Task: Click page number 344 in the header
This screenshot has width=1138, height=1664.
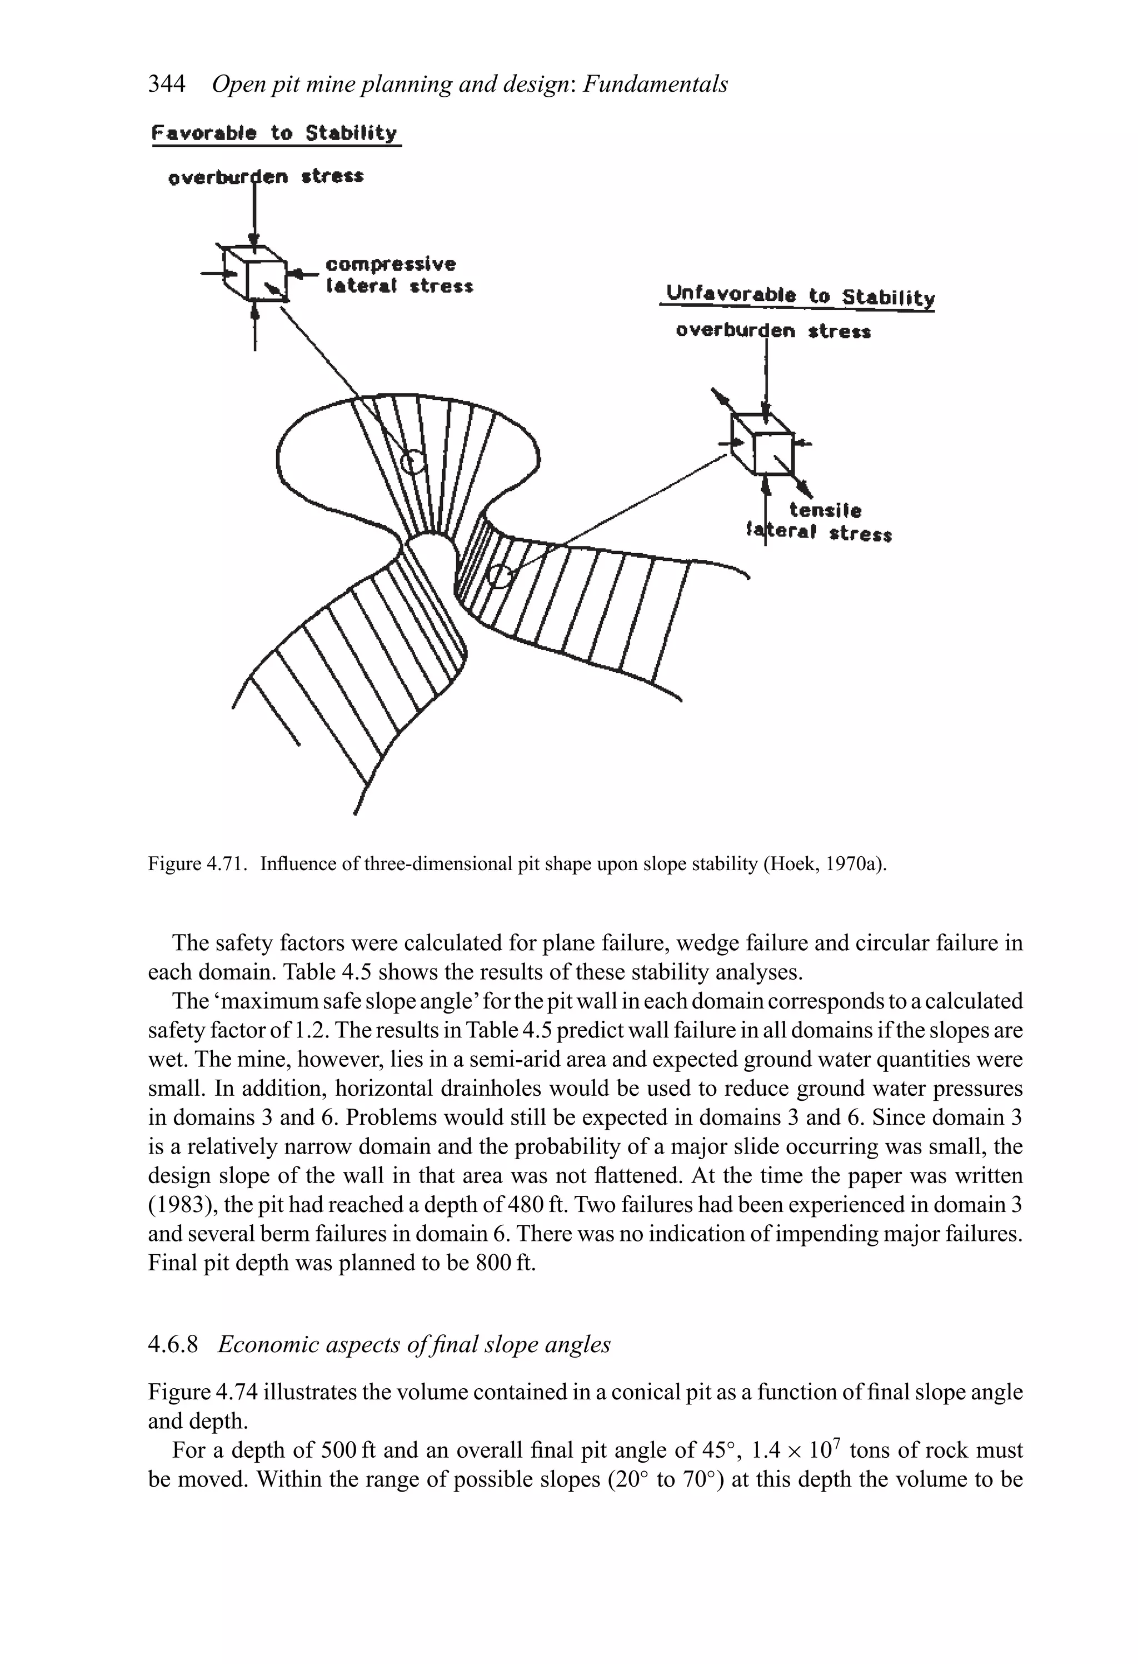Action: [166, 85]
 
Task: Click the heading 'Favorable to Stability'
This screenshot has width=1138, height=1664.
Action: [275, 133]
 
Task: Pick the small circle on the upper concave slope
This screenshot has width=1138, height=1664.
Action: [412, 462]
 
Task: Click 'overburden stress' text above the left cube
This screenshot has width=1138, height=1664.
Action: [266, 177]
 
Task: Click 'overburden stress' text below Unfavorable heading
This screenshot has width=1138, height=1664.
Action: [773, 331]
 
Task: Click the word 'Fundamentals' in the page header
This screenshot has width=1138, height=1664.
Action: [655, 85]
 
